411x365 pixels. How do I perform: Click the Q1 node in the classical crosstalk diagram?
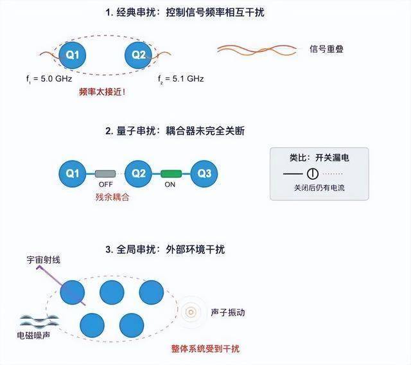(73, 55)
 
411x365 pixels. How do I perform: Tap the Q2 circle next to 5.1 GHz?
(139, 55)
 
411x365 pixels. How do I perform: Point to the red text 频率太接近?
(102, 92)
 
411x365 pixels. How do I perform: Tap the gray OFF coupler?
(105, 173)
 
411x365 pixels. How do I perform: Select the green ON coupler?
(171, 173)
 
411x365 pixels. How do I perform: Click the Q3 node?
(204, 173)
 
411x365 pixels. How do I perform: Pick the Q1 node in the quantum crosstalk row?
(73, 173)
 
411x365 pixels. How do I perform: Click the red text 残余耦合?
(112, 197)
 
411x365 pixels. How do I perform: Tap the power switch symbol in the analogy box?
(312, 173)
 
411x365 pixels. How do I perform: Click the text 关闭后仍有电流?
(319, 189)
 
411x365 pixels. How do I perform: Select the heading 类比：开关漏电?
(319, 156)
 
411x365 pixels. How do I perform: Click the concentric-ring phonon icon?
(190, 312)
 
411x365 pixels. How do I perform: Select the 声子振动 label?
(227, 313)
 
